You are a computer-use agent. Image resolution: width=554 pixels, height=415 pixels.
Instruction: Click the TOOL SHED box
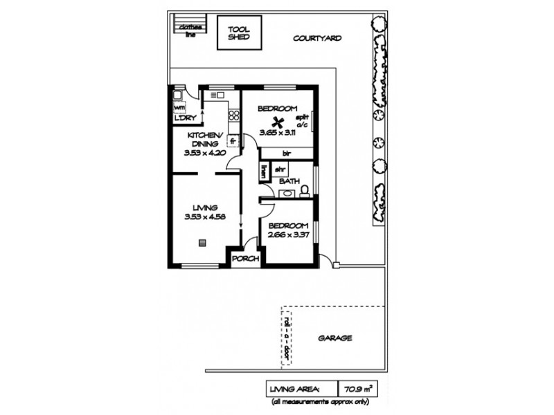[238, 33]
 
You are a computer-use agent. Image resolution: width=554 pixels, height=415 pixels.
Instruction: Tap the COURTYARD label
[316, 39]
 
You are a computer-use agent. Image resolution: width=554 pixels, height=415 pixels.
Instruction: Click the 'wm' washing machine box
[178, 108]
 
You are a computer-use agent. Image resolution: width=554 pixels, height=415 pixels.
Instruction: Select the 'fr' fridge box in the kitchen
[233, 142]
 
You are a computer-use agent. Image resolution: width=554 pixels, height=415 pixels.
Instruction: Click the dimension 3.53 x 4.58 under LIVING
[206, 216]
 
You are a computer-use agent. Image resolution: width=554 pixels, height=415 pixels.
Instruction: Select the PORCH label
[245, 259]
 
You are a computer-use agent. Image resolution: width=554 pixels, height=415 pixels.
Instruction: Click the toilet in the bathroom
[304, 190]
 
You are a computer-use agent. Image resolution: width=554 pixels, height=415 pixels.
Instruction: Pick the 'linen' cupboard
[264, 170]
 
